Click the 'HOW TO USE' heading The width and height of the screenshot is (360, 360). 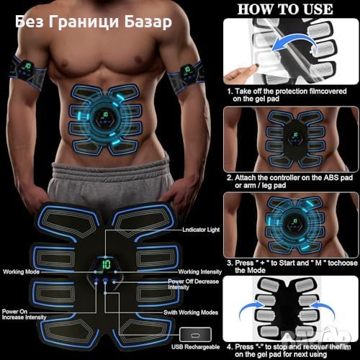click(285, 9)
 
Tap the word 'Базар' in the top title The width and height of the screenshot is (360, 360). click(148, 22)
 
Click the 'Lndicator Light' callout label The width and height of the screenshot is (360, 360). click(201, 230)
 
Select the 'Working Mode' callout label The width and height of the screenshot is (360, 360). click(21, 271)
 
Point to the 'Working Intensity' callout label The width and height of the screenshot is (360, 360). click(199, 271)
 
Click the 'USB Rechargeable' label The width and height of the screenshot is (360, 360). click(195, 347)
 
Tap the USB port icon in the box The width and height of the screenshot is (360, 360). click(196, 335)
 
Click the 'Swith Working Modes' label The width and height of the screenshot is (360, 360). click(191, 312)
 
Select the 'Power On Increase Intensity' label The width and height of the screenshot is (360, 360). click(24, 315)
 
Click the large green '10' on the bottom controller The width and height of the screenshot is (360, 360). click(106, 264)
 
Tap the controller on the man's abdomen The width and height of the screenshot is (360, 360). click(105, 117)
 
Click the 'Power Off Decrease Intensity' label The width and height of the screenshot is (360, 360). click(193, 284)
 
